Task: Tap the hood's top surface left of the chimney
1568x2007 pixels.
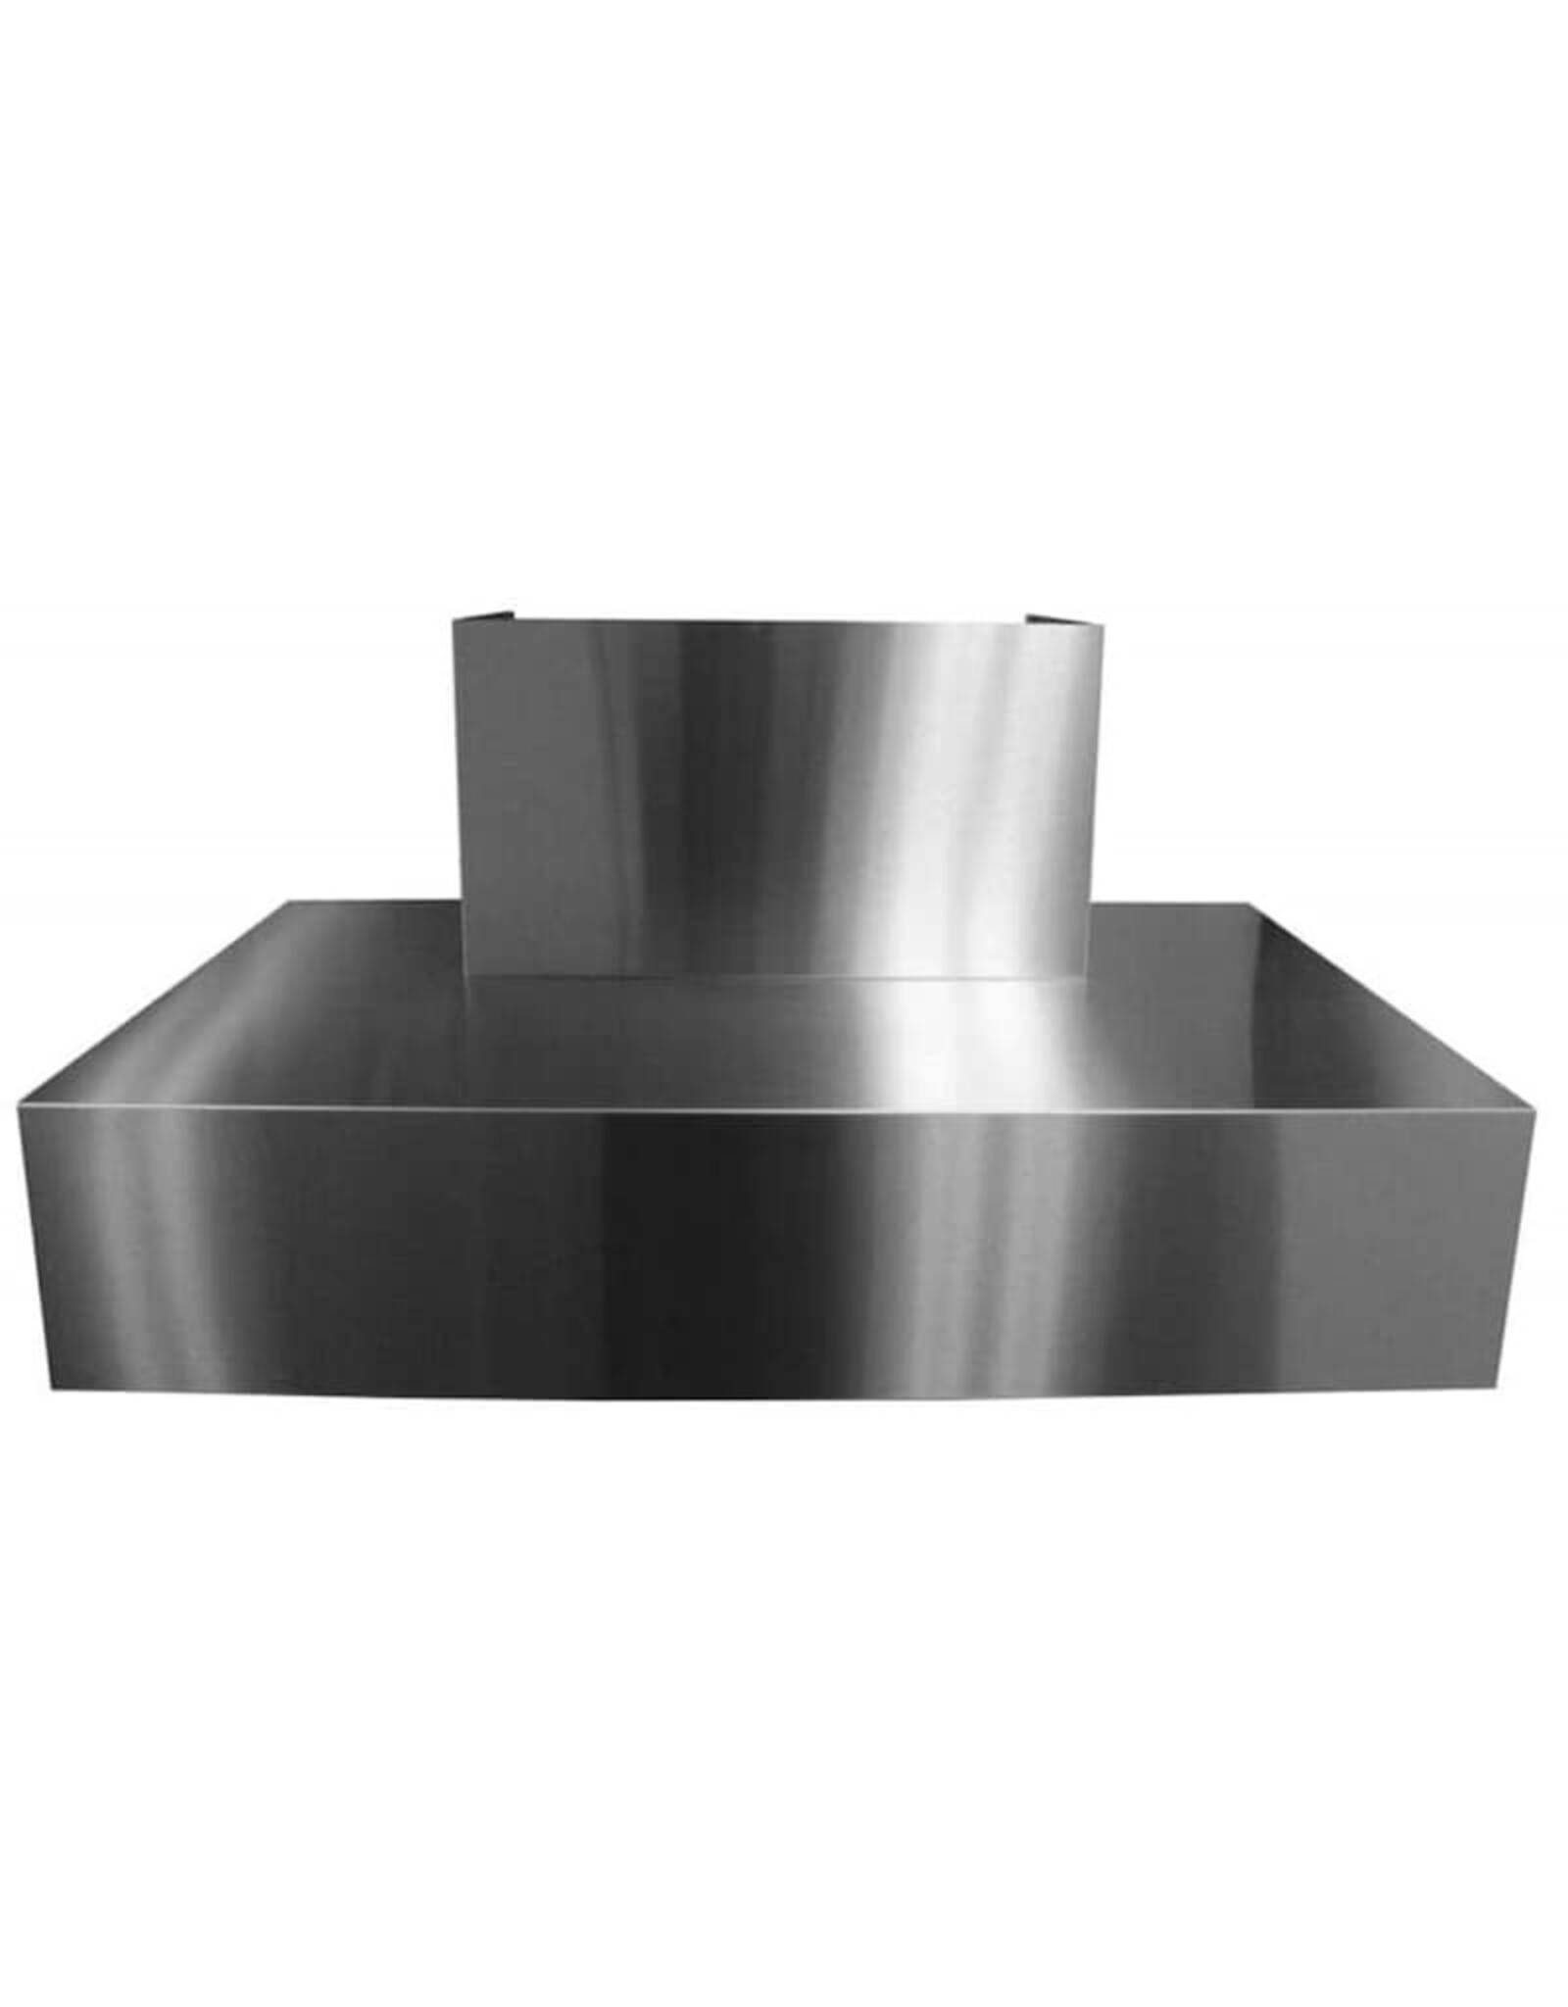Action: coord(294,1019)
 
